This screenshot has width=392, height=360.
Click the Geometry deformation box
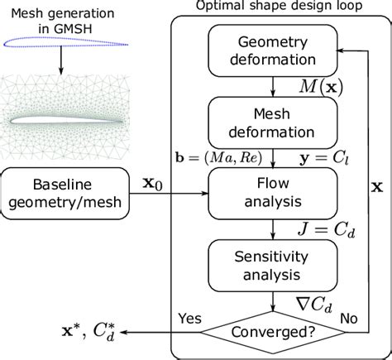click(270, 51)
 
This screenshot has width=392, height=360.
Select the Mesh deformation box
click(270, 121)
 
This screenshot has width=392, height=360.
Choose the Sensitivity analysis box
click(270, 261)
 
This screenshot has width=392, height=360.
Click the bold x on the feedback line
click(376, 187)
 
